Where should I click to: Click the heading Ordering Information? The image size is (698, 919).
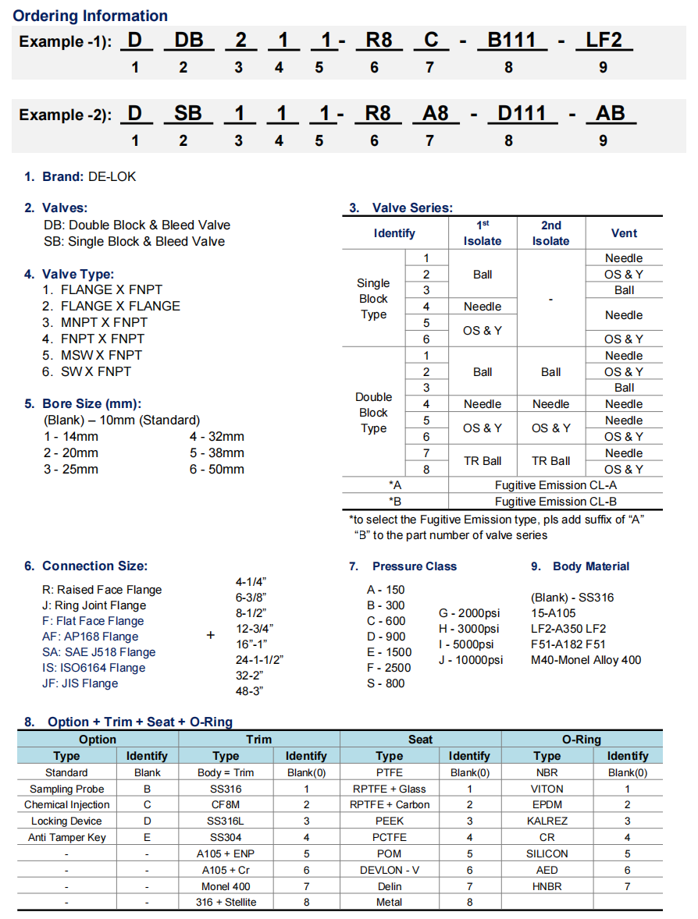click(x=91, y=16)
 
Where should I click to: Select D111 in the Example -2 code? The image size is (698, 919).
click(x=522, y=114)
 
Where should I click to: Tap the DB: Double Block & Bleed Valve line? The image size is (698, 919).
click(x=137, y=225)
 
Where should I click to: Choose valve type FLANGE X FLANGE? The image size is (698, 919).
click(x=120, y=306)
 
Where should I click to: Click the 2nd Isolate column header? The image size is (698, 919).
click(x=550, y=232)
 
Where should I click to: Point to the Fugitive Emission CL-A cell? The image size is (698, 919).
click(x=555, y=485)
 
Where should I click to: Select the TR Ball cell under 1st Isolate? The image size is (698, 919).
click(x=482, y=461)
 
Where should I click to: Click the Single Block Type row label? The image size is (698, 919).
click(x=373, y=299)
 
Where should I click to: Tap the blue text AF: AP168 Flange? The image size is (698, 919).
click(x=90, y=637)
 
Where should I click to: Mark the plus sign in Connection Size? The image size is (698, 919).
click(x=210, y=636)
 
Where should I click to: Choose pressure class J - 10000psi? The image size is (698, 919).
click(x=471, y=660)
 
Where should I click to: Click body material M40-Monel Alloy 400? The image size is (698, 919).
click(x=586, y=660)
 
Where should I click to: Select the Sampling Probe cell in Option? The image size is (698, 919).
click(x=67, y=789)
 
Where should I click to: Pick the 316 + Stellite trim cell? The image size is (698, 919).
click(x=226, y=902)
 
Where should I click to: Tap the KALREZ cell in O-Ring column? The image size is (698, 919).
click(x=547, y=821)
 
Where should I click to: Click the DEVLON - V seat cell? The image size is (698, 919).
click(x=389, y=870)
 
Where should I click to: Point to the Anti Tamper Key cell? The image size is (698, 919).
click(x=67, y=837)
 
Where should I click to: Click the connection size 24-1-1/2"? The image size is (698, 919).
click(x=258, y=659)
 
